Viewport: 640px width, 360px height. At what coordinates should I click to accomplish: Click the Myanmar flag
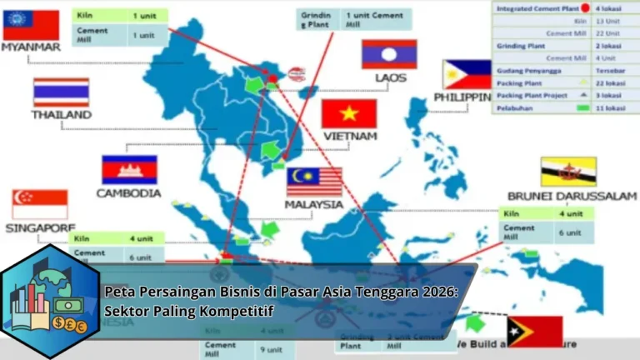coord(31,24)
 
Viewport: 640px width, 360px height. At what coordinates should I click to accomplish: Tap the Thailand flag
coord(61,92)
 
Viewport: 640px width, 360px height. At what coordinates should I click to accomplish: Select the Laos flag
coord(388,54)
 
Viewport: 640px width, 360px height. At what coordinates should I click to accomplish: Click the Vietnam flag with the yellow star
coord(349,113)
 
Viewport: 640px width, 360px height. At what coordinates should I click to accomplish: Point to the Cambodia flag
coord(129,169)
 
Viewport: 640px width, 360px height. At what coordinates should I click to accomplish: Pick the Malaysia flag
coord(314,182)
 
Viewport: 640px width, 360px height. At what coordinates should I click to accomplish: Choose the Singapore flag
coord(39,204)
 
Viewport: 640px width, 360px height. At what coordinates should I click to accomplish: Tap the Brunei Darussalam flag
coord(567,172)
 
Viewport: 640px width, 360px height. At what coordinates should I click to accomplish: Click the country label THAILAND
coord(61,115)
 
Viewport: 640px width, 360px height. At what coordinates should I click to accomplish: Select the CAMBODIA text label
coord(128,193)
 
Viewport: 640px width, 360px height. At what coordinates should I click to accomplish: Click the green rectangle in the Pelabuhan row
coord(583,108)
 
